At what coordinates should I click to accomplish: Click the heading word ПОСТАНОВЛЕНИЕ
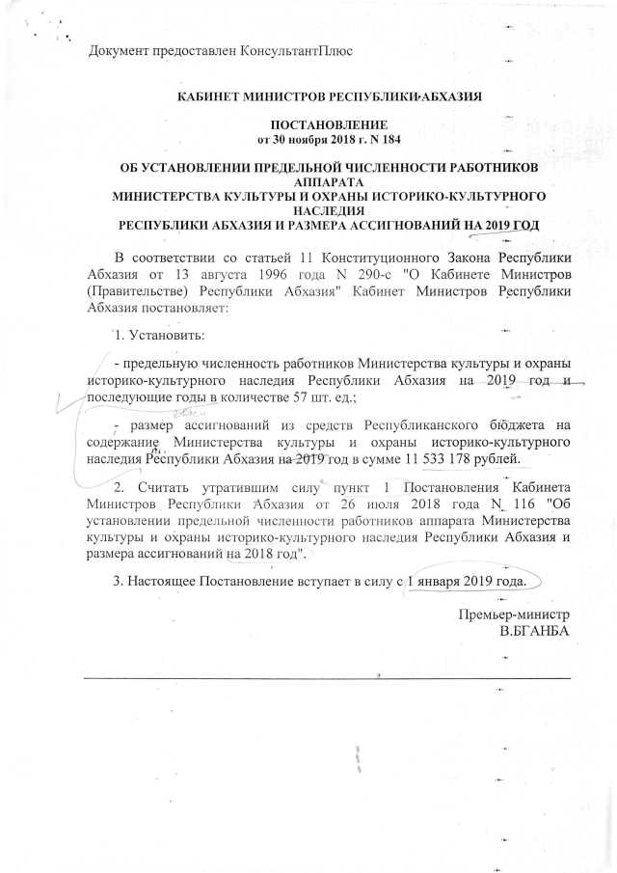[x=330, y=126]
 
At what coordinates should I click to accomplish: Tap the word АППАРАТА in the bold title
[x=330, y=181]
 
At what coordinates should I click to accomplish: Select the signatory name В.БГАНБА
[x=529, y=632]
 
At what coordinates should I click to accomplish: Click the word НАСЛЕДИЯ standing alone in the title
[x=330, y=209]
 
